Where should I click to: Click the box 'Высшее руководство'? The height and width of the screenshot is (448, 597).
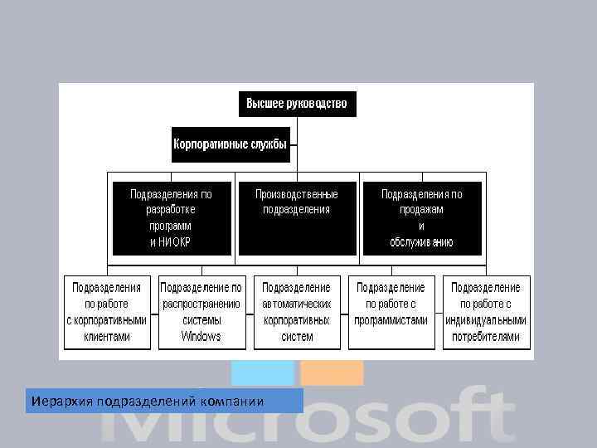296,105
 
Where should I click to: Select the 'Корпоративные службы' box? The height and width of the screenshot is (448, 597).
230,144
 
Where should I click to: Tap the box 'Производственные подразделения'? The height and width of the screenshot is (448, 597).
296,217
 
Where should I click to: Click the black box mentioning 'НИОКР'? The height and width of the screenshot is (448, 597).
170,217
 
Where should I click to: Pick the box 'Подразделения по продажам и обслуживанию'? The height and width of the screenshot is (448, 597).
421,217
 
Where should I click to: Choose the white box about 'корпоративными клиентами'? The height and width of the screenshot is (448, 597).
108,312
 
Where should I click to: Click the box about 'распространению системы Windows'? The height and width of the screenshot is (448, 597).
201,312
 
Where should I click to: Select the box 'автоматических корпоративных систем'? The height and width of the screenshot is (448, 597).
296,312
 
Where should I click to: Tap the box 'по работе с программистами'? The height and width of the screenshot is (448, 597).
391,312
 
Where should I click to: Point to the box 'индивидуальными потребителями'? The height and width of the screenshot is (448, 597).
485,312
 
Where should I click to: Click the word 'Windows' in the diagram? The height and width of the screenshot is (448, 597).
201,337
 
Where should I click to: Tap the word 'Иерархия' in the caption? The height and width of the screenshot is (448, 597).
62,402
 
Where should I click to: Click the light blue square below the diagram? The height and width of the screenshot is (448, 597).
262,373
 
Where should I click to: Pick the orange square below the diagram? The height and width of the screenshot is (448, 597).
331,373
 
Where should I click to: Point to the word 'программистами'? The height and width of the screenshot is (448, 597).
391,320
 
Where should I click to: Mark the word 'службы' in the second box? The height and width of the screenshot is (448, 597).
269,144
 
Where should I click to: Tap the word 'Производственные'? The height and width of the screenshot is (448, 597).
296,193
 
